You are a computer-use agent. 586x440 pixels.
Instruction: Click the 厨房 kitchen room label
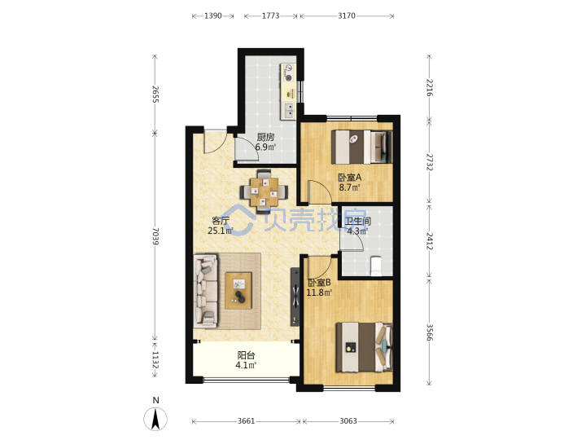pos(265,137)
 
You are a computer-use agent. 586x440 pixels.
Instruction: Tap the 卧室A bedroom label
pos(349,177)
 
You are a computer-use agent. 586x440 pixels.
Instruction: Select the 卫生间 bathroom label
pos(358,222)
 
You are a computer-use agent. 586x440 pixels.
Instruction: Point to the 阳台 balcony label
pos(246,354)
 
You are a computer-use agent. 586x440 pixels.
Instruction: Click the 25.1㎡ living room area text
pos(221,231)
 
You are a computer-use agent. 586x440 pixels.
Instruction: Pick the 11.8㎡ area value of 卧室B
pos(319,293)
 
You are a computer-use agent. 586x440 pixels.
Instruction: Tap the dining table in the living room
pos(265,192)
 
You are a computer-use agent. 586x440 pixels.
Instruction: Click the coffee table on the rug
pos(238,291)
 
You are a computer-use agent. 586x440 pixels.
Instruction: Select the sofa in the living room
pos(206,292)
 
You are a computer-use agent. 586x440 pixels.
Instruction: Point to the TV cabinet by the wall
pos(295,297)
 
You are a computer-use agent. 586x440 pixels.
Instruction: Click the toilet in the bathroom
pos(375,266)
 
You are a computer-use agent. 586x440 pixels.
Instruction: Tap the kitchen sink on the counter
pos(289,110)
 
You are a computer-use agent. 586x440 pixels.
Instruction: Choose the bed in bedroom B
pos(365,348)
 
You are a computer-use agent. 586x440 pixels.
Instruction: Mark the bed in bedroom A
pos(361,147)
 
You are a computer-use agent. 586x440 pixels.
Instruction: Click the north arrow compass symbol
pos(155,418)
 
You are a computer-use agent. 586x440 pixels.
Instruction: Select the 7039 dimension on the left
pos(155,236)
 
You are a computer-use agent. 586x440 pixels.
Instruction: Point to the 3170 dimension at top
pos(347,15)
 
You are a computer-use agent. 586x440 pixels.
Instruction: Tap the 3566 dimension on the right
pos(430,332)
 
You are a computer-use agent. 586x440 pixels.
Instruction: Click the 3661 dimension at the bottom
pos(247,421)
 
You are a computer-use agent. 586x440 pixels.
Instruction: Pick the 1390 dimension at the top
pos(213,15)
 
